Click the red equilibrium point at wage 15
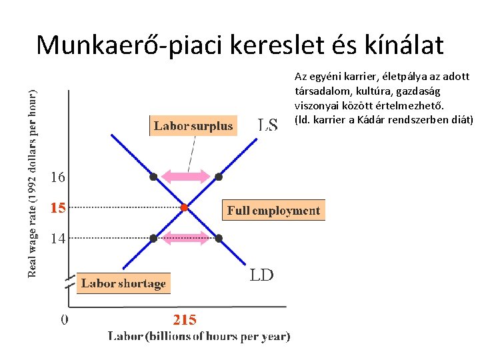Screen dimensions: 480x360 point(185,208)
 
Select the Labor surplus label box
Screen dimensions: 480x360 point(193,126)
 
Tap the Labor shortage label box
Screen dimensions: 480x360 point(123,283)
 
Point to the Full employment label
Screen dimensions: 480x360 point(273,211)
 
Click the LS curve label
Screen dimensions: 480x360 point(268,125)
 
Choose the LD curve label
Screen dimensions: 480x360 point(261,275)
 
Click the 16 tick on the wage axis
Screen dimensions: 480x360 point(58,177)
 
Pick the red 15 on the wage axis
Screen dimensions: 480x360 point(58,208)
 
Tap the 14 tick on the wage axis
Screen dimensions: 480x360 point(58,238)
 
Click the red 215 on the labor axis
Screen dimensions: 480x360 point(185,320)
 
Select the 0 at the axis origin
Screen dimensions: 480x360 point(64,320)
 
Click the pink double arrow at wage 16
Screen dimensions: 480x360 point(186,177)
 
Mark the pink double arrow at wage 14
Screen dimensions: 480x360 point(186,237)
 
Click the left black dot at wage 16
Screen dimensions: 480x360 point(153,177)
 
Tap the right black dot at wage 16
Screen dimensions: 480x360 point(219,177)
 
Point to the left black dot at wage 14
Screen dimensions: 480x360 point(153,238)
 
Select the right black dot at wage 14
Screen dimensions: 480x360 point(219,238)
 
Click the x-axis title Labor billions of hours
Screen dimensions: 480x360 point(199,337)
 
